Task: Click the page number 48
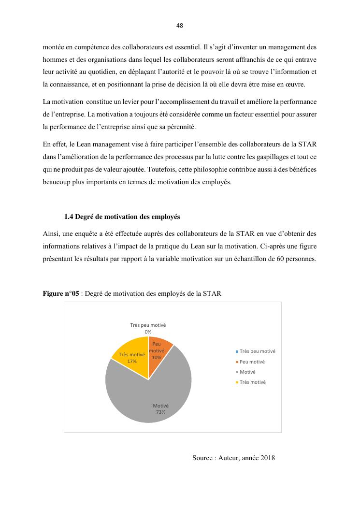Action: (180, 26)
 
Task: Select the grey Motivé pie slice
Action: (145, 392)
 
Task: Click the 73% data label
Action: (160, 412)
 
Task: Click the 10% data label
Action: (156, 357)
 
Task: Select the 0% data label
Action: (148, 332)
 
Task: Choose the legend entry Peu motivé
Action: (252, 362)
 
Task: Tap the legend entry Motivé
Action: (247, 372)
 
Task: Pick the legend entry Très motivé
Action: (252, 382)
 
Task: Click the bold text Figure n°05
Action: (60, 294)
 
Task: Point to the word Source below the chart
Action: (203, 458)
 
